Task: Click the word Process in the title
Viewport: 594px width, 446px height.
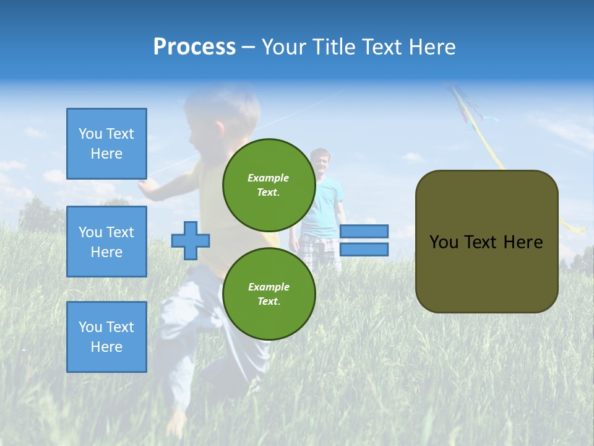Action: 194,47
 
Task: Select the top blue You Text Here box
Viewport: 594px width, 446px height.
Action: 106,144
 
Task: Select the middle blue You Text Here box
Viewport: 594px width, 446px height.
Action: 106,242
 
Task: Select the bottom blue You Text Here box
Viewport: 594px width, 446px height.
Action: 106,337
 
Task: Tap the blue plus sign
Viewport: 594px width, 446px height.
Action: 190,240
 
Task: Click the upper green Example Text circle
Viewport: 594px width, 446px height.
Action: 269,185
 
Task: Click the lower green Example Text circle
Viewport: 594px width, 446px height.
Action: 269,294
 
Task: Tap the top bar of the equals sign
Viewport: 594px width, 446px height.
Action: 364,231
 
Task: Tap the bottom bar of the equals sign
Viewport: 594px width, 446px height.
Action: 364,250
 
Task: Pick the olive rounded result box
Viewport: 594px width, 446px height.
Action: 486,242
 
